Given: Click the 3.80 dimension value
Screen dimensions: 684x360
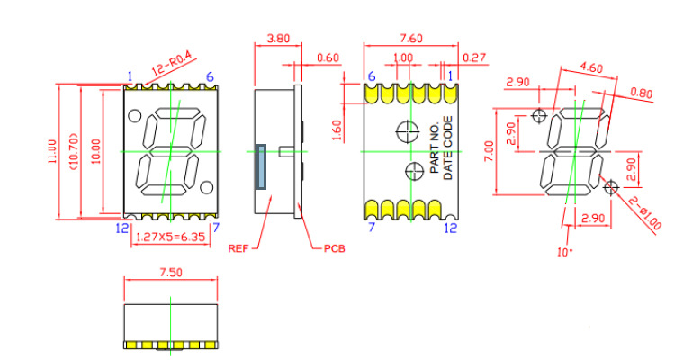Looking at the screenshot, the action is [x=278, y=39].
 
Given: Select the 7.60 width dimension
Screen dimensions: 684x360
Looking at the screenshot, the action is [x=411, y=39].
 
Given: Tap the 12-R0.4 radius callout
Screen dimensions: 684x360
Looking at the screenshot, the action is [x=171, y=64].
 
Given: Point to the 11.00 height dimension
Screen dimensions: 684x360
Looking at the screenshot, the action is [x=52, y=151].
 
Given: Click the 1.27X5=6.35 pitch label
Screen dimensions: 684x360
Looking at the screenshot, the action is [x=171, y=237].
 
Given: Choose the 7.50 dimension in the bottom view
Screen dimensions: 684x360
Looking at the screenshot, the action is [x=171, y=273].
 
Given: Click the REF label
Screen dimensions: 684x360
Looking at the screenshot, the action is [x=238, y=248].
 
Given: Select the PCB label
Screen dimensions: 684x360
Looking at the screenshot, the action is [x=334, y=248].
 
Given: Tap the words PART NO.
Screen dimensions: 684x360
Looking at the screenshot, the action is [x=435, y=148].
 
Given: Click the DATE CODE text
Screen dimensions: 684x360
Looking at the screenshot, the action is [x=448, y=148].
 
